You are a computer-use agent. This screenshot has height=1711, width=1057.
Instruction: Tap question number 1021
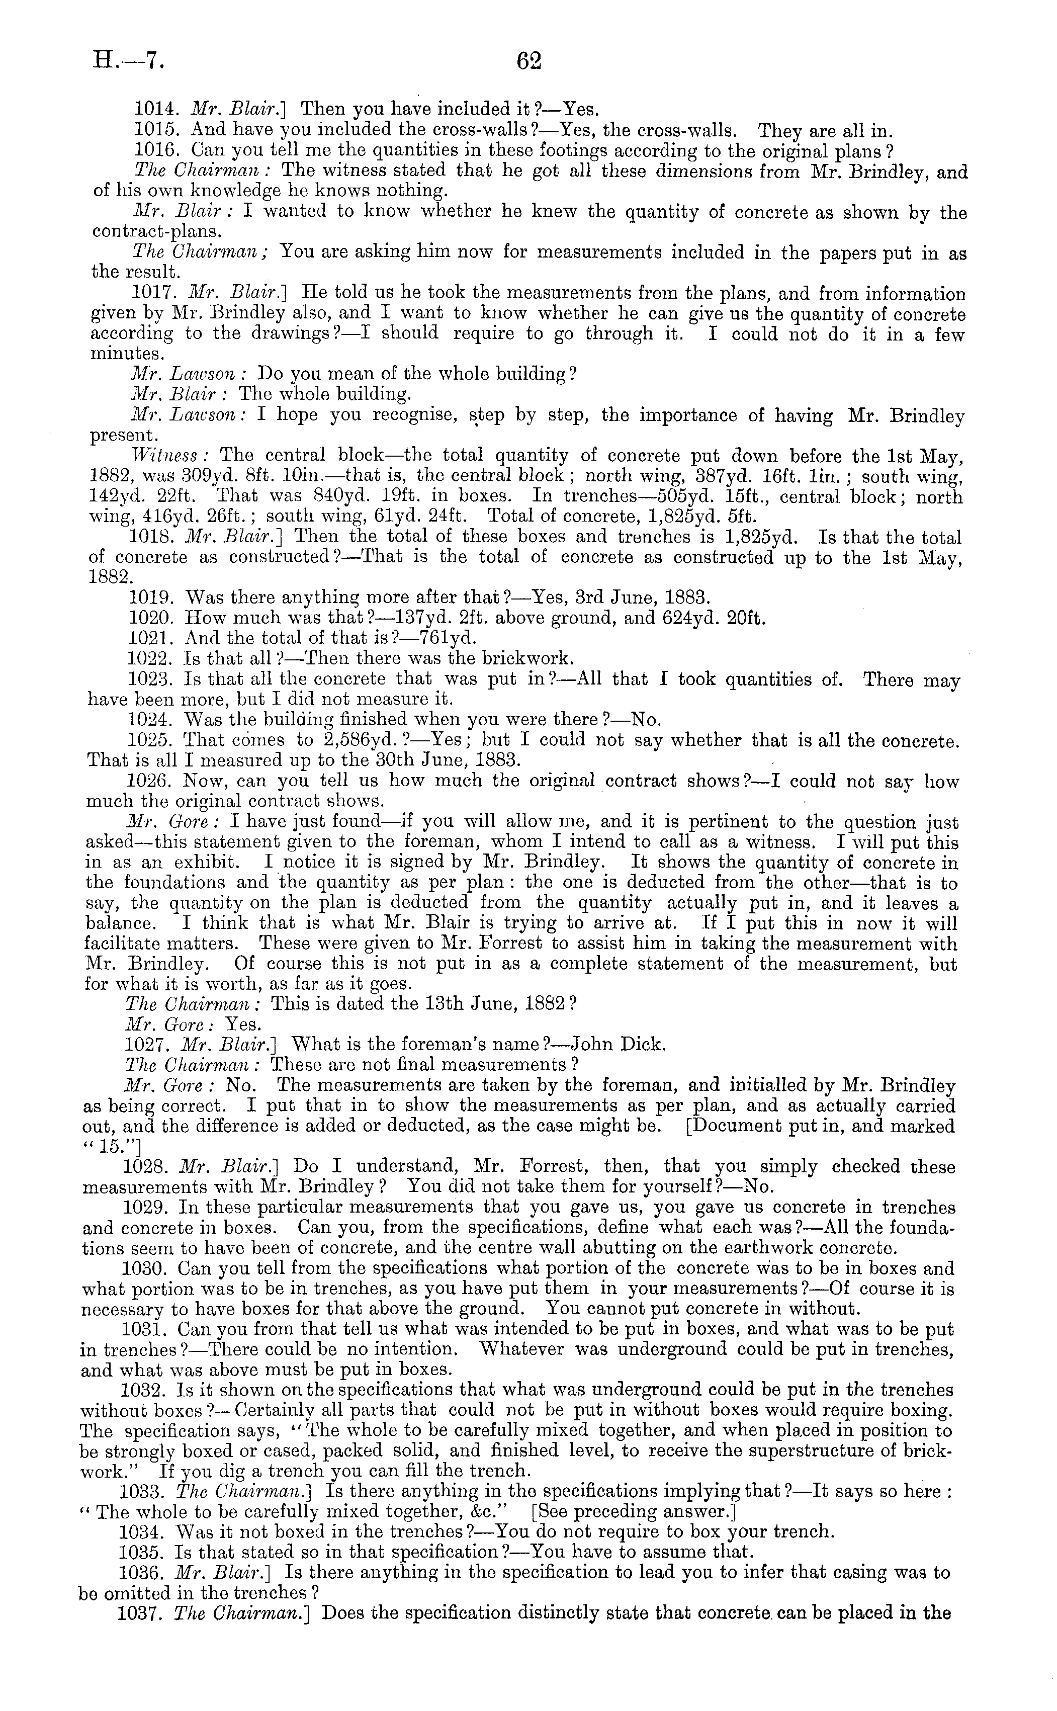pyautogui.click(x=150, y=638)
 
